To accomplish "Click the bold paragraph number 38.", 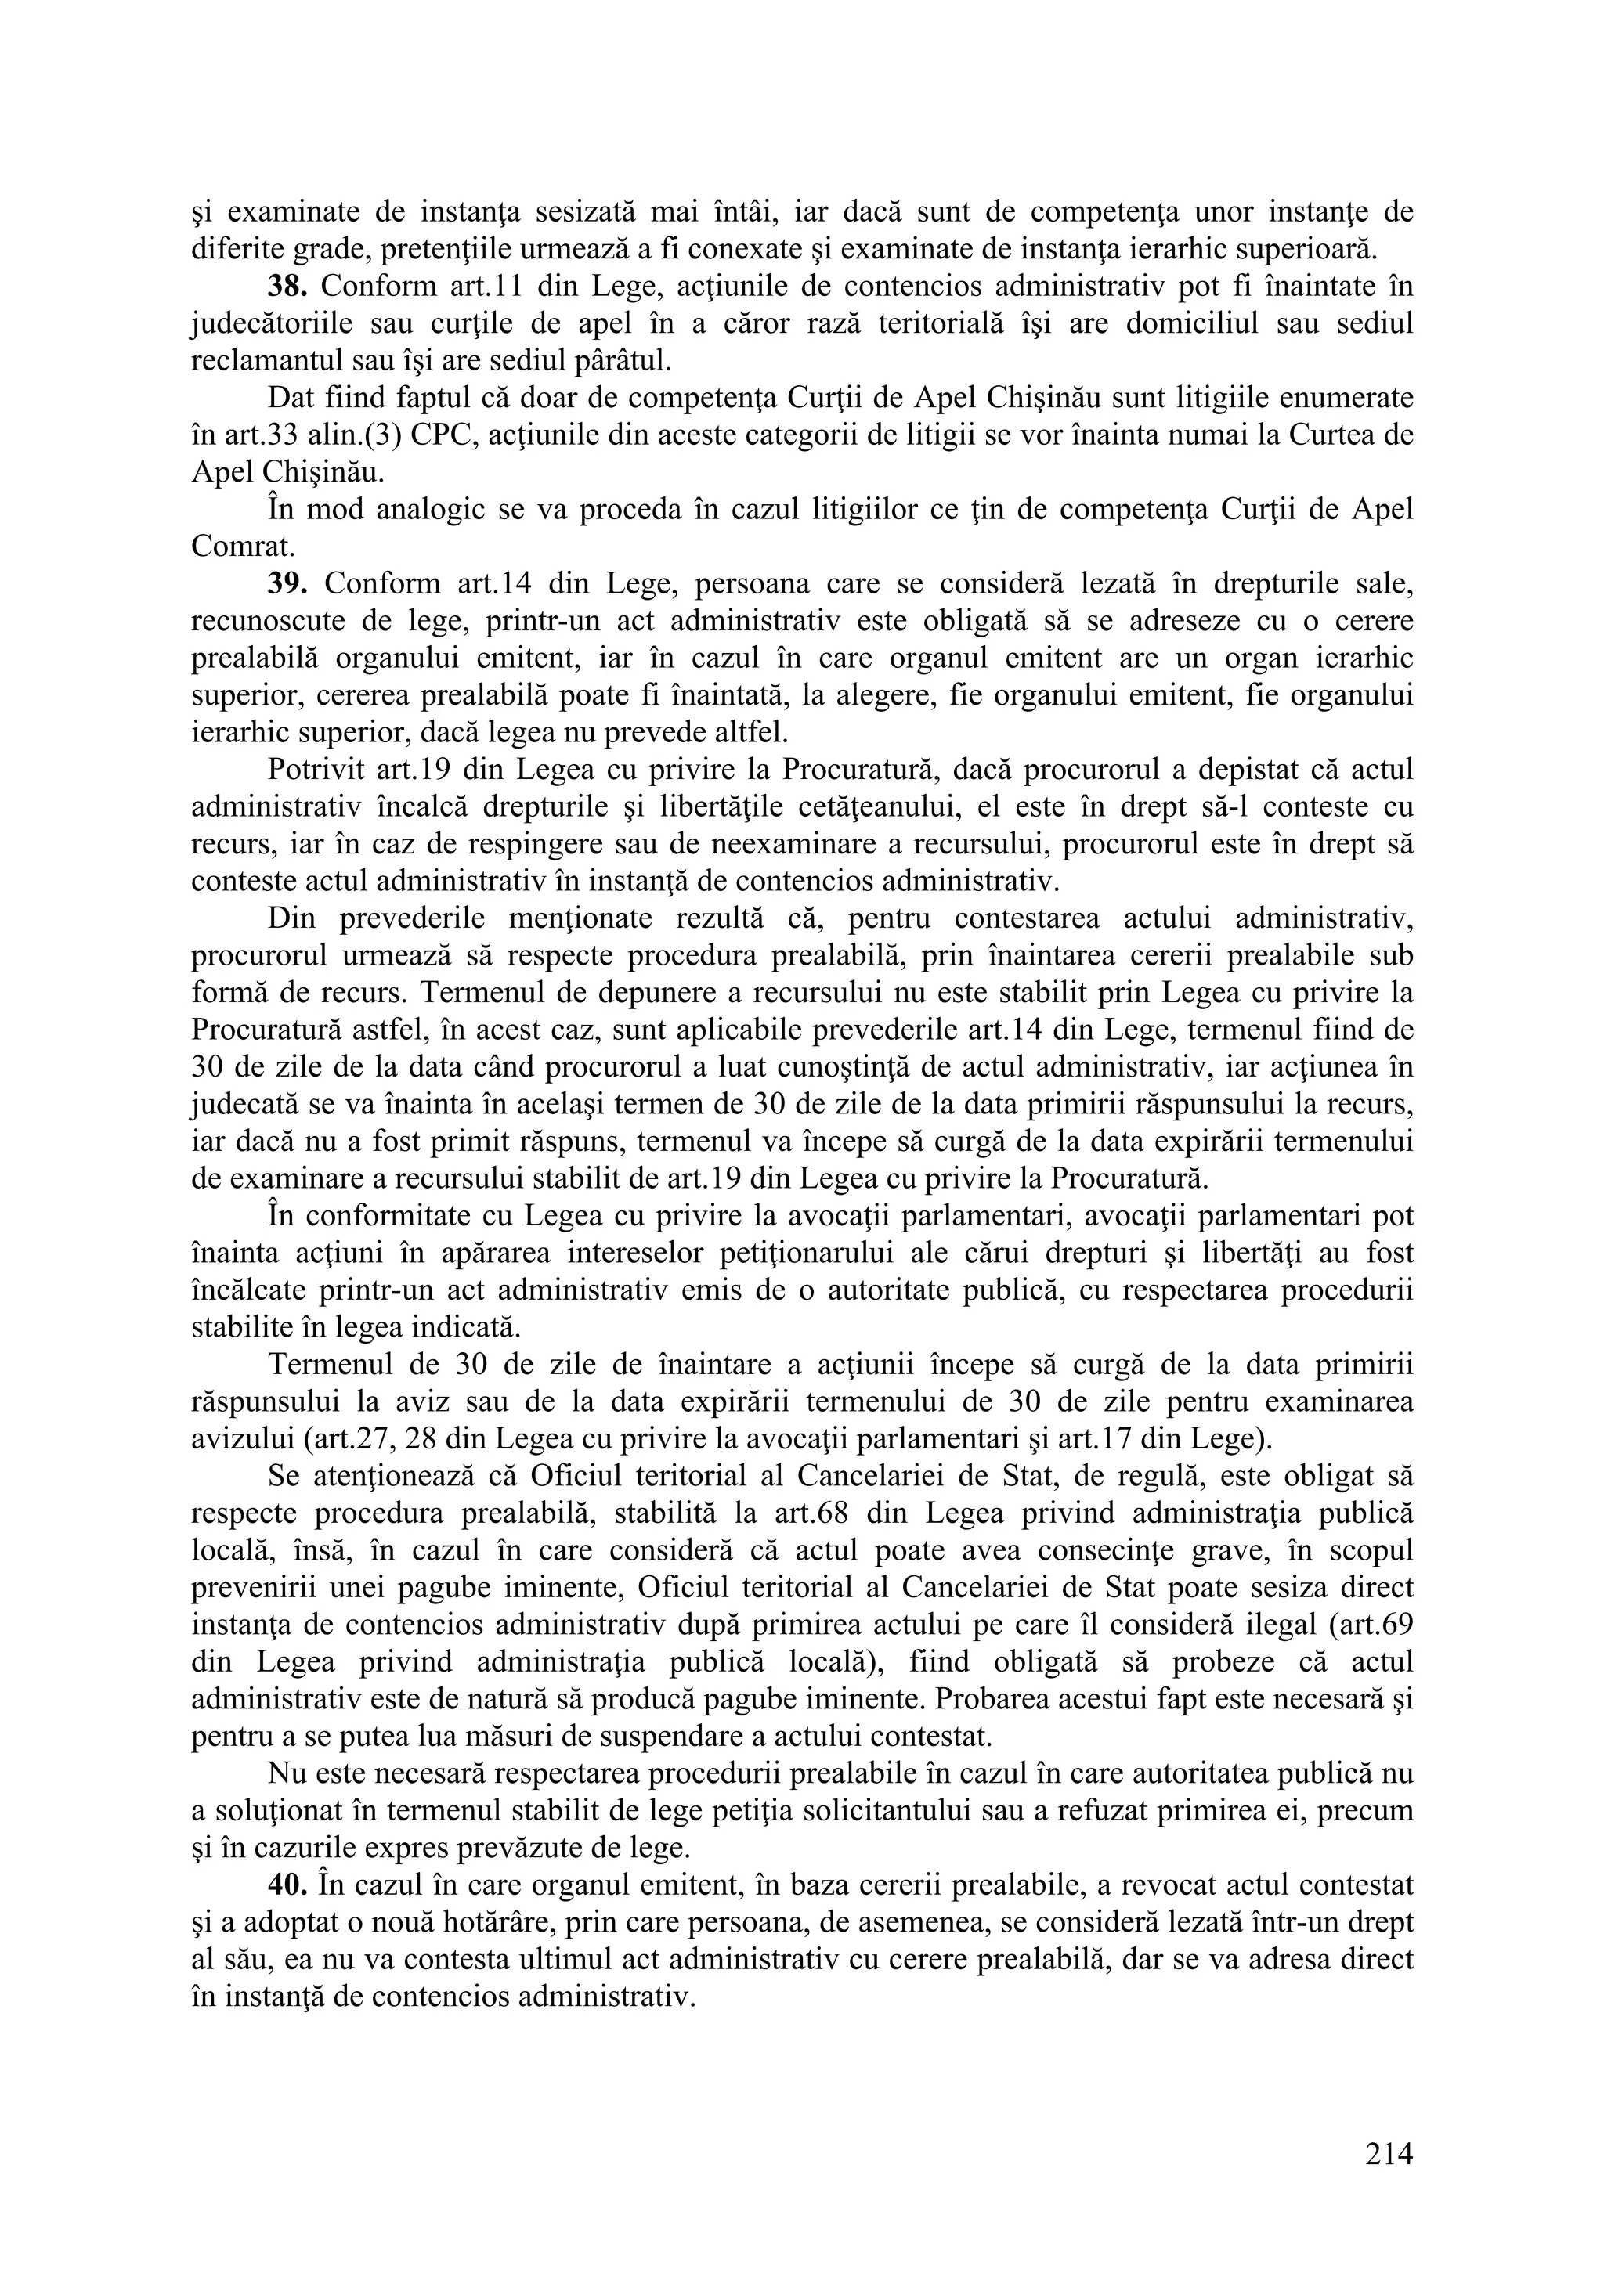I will (288, 286).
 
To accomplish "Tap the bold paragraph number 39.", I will (288, 583).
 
